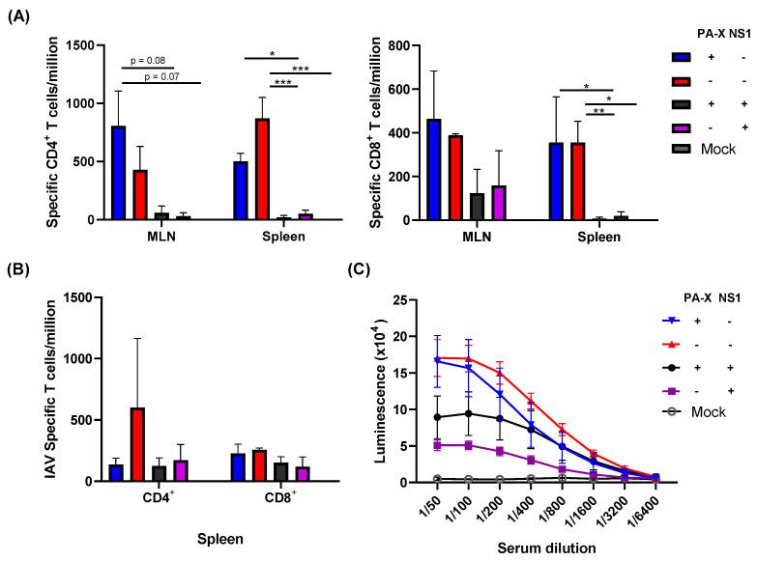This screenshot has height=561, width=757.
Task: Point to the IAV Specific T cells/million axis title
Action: tap(58, 388)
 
